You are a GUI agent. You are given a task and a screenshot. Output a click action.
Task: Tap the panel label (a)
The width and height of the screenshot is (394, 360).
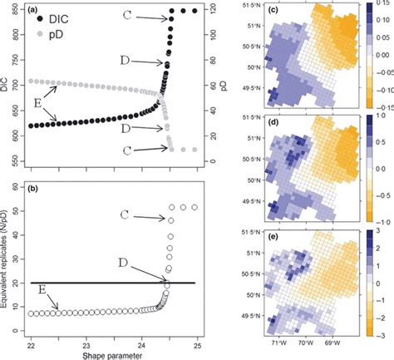33,7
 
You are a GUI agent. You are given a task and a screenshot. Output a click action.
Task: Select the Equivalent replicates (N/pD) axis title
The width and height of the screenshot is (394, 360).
7,266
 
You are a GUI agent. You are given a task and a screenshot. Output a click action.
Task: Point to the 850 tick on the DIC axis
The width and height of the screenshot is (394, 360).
17,11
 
